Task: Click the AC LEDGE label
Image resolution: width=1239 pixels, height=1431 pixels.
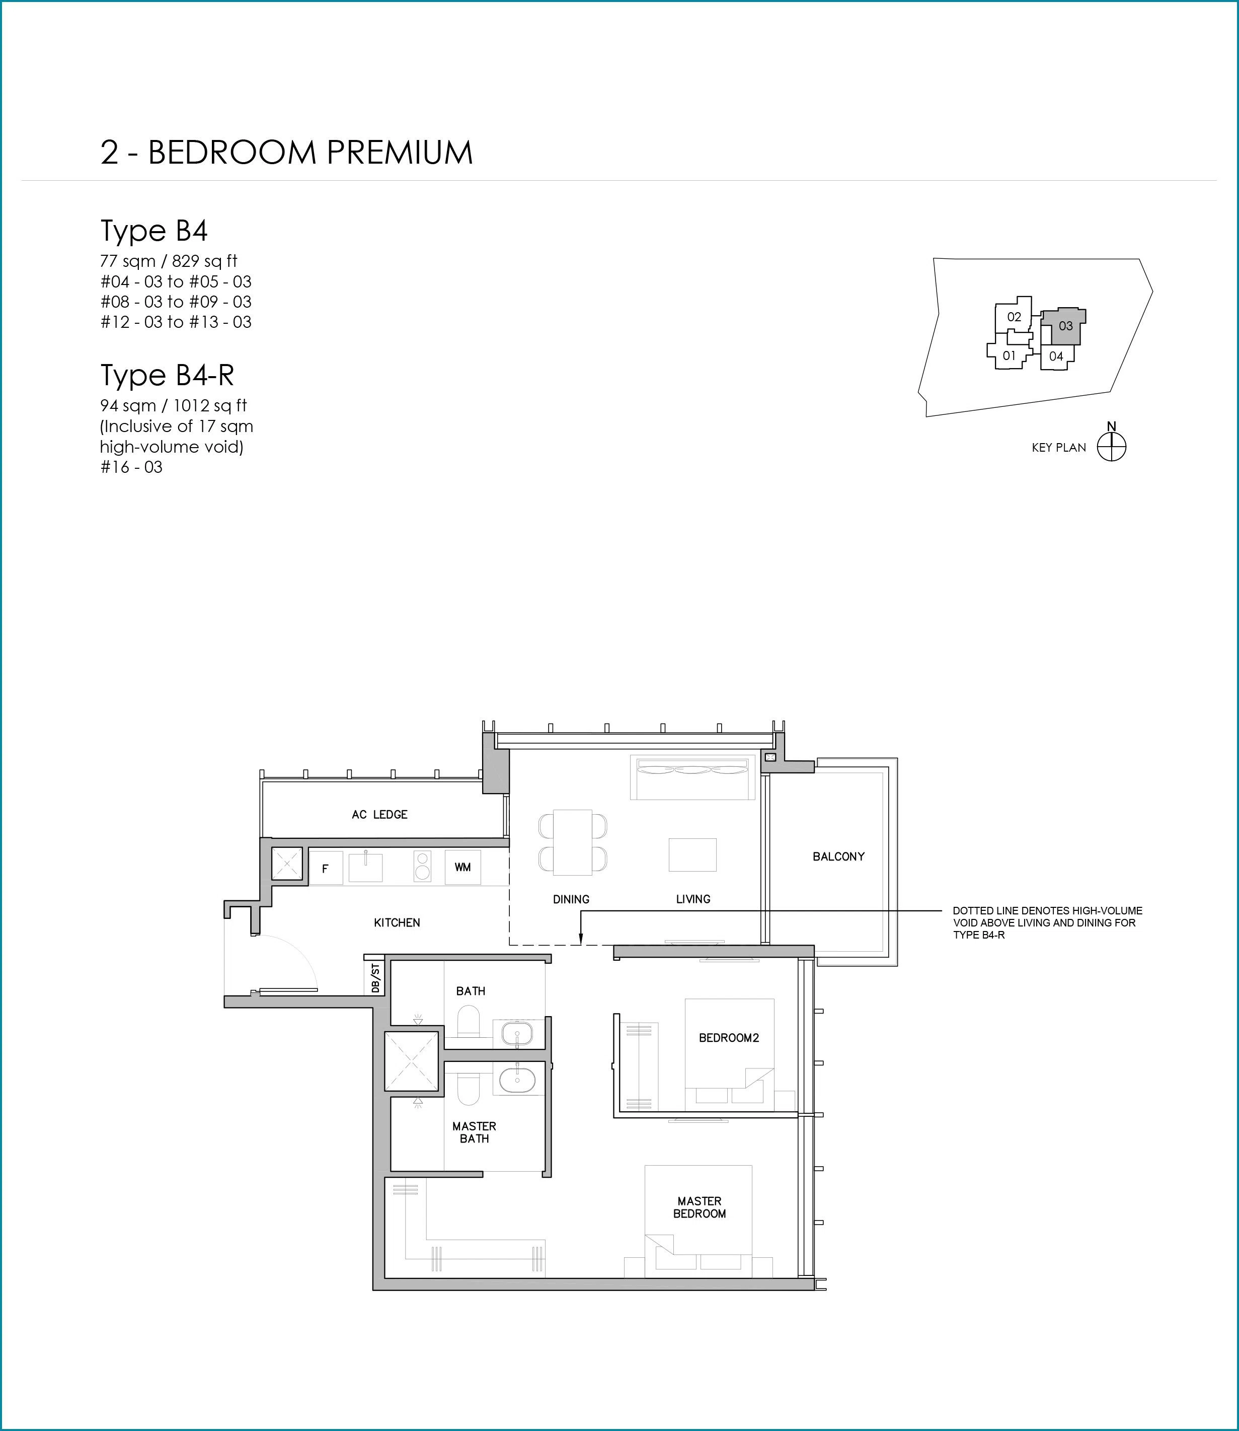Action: pyautogui.click(x=379, y=815)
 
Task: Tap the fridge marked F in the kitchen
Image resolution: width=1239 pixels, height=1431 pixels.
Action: pyautogui.click(x=326, y=868)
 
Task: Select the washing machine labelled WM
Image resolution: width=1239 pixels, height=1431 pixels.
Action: pyautogui.click(x=462, y=868)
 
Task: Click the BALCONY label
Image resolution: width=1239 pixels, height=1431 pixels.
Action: pyautogui.click(x=839, y=856)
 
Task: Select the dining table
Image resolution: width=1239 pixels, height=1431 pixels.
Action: pyautogui.click(x=573, y=842)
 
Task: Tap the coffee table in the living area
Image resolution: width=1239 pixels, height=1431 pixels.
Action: pyautogui.click(x=692, y=855)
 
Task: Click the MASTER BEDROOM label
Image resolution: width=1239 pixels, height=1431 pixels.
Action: pyautogui.click(x=700, y=1207)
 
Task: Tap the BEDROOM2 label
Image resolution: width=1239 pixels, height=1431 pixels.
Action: pyautogui.click(x=729, y=1037)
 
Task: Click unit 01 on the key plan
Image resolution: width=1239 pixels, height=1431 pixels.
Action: pyautogui.click(x=1010, y=355)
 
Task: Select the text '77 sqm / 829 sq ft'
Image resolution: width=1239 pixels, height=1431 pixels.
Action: pyautogui.click(x=169, y=261)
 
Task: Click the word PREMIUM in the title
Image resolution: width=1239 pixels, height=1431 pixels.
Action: pyautogui.click(x=400, y=152)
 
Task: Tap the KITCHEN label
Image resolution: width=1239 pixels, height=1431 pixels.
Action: pyautogui.click(x=397, y=922)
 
